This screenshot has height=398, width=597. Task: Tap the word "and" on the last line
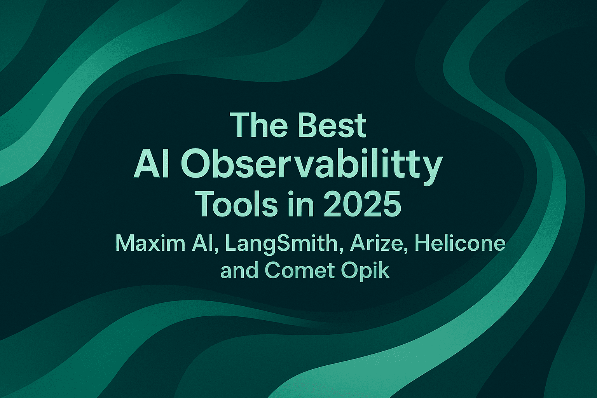[x=239, y=271]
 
